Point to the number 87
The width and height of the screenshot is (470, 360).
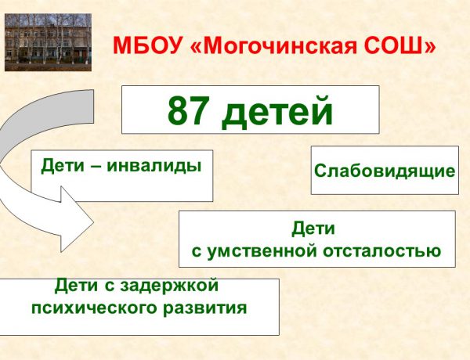click(190, 111)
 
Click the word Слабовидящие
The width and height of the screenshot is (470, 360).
click(385, 170)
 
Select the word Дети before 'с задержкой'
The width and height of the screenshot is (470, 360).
click(78, 286)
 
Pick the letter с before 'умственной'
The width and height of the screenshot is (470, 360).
click(197, 252)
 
